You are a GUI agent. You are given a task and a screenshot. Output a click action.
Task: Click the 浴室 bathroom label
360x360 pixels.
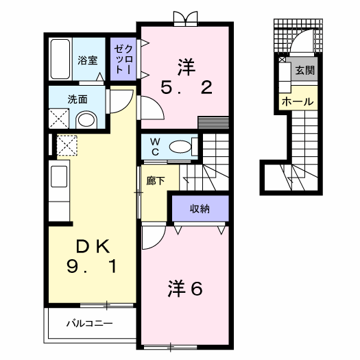[87, 60]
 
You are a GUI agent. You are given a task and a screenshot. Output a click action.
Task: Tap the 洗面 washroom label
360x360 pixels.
[77, 99]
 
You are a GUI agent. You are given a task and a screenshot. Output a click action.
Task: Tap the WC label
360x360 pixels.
[155, 146]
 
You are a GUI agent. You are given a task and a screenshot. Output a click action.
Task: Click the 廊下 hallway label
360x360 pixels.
[156, 182]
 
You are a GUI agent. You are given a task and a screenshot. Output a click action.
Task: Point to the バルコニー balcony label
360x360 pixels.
[89, 323]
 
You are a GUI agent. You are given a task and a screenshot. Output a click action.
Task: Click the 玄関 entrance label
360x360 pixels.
[304, 71]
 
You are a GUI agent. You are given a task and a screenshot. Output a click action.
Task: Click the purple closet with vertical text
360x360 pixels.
[123, 58]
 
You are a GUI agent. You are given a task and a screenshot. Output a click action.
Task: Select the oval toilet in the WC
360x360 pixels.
[180, 145]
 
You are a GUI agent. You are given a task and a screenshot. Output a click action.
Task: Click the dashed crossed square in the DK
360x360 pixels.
[67, 145]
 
